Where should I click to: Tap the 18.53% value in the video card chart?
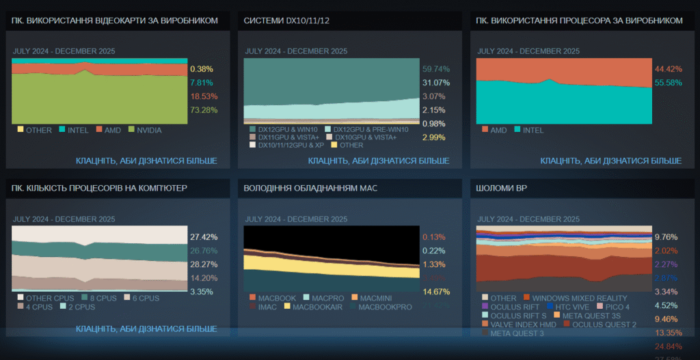click(x=204, y=96)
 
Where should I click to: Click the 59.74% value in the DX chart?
click(x=436, y=69)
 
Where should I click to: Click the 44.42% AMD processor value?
click(x=668, y=69)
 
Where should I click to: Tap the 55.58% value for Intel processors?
click(x=668, y=83)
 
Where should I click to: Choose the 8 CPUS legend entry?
click(x=100, y=298)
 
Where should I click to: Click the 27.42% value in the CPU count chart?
click(x=204, y=237)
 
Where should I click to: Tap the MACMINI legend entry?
click(x=374, y=298)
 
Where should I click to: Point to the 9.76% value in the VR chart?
click(x=666, y=237)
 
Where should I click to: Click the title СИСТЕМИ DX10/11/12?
click(x=286, y=20)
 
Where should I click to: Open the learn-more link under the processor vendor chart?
click(x=610, y=161)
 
